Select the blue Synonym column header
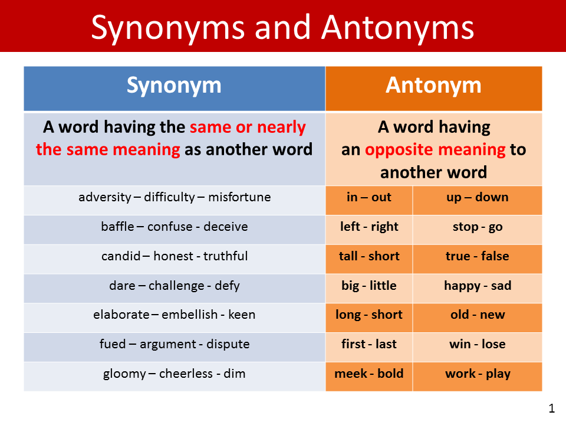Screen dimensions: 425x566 pyautogui.click(x=174, y=86)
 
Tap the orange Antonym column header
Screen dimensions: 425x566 pyautogui.click(x=433, y=86)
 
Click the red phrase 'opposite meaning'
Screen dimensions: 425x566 pyautogui.click(x=435, y=150)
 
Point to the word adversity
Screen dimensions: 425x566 pyautogui.click(x=105, y=197)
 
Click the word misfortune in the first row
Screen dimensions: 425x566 pyautogui.click(x=239, y=197)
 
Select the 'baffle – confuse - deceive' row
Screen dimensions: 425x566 pyautogui.click(x=174, y=227)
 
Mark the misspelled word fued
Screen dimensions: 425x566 pyautogui.click(x=112, y=344)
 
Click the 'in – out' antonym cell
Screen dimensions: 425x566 pyautogui.click(x=369, y=197)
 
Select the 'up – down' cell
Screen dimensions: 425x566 pyautogui.click(x=477, y=197)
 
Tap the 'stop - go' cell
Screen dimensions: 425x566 pyautogui.click(x=477, y=227)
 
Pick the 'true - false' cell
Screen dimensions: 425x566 pyautogui.click(x=477, y=256)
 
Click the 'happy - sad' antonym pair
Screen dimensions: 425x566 pyautogui.click(x=477, y=286)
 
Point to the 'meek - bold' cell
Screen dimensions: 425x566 pyautogui.click(x=369, y=374)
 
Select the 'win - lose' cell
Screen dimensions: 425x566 pyautogui.click(x=477, y=344)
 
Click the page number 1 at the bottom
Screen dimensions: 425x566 pyautogui.click(x=551, y=408)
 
